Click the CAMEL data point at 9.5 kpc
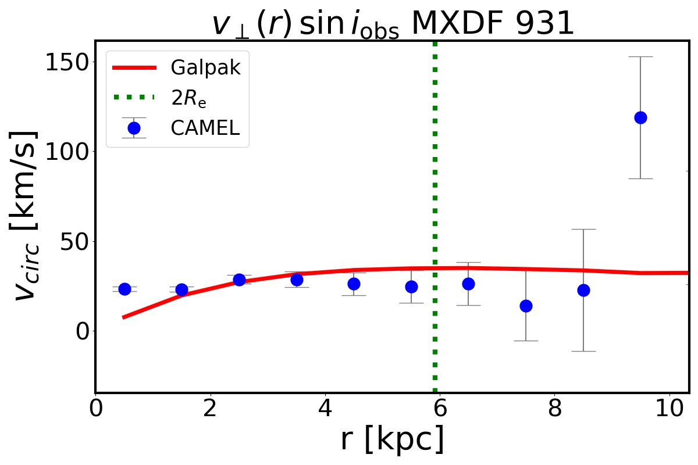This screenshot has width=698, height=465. [640, 117]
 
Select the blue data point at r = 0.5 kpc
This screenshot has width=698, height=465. [124, 289]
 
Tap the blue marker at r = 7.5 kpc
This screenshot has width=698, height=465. [526, 306]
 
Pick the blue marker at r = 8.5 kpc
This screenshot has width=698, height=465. [583, 290]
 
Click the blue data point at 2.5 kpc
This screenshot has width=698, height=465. [239, 280]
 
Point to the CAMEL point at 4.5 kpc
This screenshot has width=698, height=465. [354, 284]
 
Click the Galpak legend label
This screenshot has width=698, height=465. [205, 67]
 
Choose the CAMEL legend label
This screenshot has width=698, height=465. [205, 128]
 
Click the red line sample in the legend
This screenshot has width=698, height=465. [134, 67]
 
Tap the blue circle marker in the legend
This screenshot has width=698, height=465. [134, 128]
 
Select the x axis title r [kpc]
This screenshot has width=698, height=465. [392, 439]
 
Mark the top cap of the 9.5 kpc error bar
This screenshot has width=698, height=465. [640, 57]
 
